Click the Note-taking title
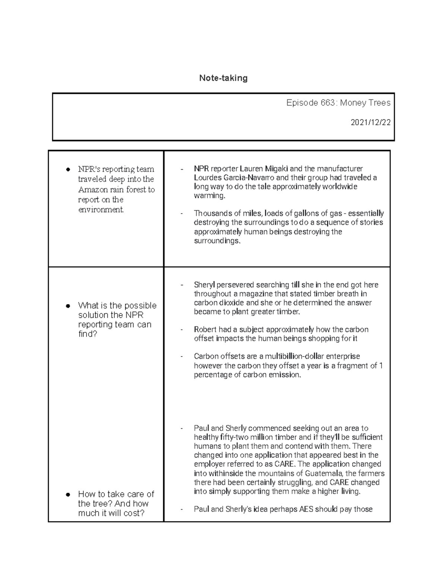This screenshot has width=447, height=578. [223, 78]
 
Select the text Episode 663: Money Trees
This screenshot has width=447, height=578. [338, 103]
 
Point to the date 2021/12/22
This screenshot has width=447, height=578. [370, 122]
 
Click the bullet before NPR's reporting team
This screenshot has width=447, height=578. [68, 170]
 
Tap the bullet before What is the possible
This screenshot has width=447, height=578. [68, 306]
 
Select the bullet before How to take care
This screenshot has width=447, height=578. [68, 495]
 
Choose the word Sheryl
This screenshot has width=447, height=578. [204, 285]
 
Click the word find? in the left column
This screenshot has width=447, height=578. [88, 334]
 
